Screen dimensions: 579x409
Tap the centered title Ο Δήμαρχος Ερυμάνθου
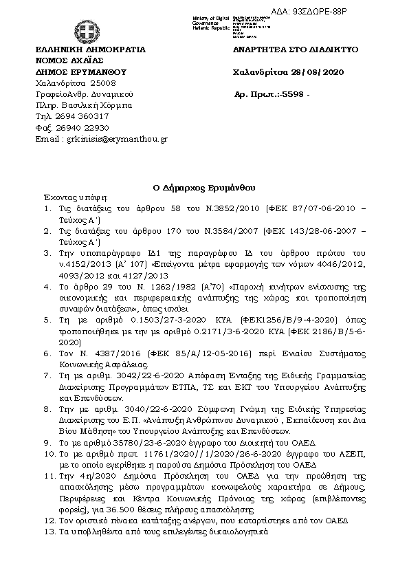click(x=204, y=186)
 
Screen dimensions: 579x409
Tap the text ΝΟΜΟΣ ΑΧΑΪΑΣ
click(x=67, y=61)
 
